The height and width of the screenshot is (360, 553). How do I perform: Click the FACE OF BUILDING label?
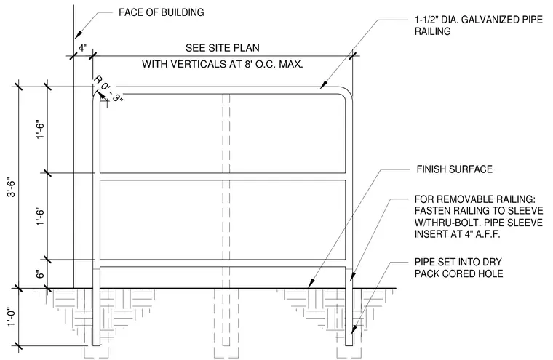[162, 12]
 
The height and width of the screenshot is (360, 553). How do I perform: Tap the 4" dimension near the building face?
[82, 47]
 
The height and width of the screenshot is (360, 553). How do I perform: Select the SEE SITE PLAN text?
[223, 47]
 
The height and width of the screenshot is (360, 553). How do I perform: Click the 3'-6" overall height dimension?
[12, 188]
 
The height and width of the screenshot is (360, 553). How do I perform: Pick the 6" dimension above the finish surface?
[40, 274]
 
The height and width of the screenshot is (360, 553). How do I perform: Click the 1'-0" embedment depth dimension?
[12, 317]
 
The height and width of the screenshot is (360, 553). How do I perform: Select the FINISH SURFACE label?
[454, 169]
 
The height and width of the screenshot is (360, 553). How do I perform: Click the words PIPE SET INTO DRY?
[458, 262]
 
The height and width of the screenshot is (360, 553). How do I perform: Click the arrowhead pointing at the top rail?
[323, 85]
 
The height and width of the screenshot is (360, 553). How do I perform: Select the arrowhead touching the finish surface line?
[311, 283]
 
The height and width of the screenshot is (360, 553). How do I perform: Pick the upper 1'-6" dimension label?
[40, 130]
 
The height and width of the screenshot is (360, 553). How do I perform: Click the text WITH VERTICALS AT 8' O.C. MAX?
[223, 64]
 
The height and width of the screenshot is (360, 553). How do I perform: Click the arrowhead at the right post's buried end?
[353, 329]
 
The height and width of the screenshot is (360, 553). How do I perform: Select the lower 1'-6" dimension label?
[40, 217]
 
